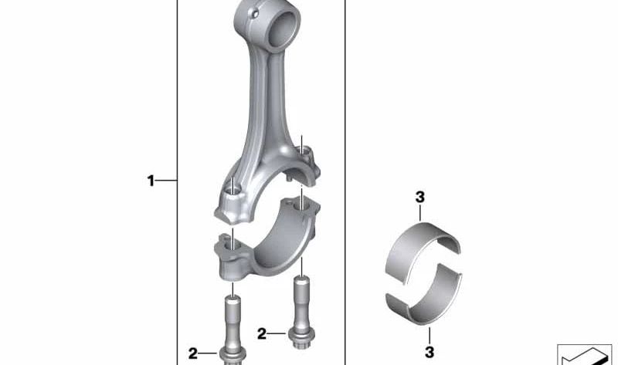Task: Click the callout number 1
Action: (151, 181)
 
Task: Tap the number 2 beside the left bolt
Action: (192, 354)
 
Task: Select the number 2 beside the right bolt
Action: (262, 334)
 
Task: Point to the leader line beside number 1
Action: (167, 181)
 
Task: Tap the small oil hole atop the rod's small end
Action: (253, 11)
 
